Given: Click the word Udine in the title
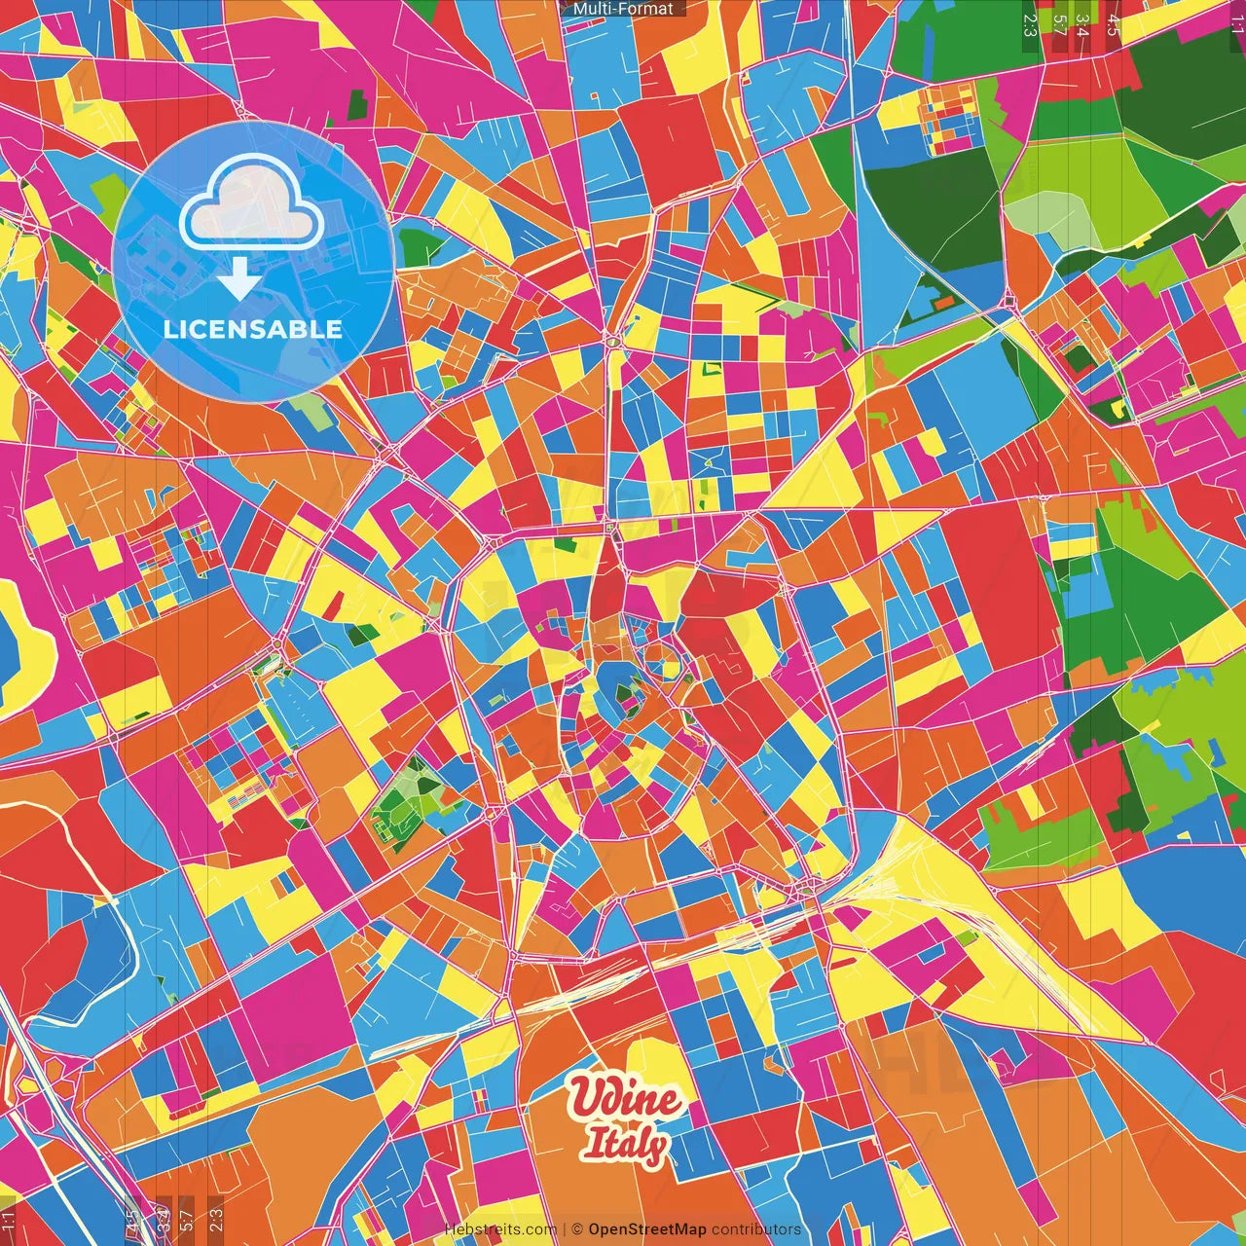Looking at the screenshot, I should click(x=626, y=1098).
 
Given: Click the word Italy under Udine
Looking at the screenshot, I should click(x=624, y=1145).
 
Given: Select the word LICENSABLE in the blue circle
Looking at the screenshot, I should click(x=253, y=329).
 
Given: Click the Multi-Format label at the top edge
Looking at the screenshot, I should click(x=623, y=9).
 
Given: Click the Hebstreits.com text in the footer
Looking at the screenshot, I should click(x=500, y=1229).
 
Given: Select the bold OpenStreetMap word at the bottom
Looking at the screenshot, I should click(x=646, y=1229).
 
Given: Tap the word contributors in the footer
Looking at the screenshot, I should click(x=756, y=1229).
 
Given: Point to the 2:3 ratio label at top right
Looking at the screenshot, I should click(x=1030, y=24).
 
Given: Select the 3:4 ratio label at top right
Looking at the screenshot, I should click(x=1081, y=24).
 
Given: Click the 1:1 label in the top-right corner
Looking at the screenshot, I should click(x=1236, y=21).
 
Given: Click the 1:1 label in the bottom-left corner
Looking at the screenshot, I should click(x=9, y=1221).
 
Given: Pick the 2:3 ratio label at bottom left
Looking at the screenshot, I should click(x=216, y=1219).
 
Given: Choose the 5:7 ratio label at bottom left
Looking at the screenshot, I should click(x=187, y=1219).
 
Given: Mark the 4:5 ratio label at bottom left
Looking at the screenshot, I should click(x=132, y=1219).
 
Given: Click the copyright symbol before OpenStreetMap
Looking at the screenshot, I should click(x=577, y=1229).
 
